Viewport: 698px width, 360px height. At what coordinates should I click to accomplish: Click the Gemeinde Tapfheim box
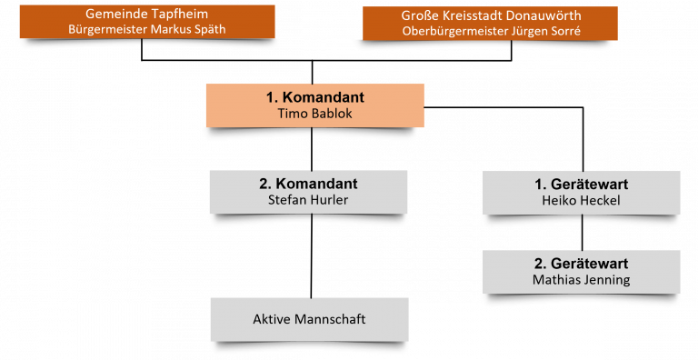click(x=147, y=22)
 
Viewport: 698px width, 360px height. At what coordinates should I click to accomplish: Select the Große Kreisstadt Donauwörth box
click(x=490, y=23)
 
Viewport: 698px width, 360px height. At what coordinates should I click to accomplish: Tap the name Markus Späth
click(x=188, y=29)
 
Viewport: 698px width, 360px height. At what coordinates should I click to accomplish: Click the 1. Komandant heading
click(x=315, y=97)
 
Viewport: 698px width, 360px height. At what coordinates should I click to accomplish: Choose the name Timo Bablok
click(x=315, y=113)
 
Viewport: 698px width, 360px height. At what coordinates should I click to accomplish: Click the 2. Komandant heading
click(x=308, y=184)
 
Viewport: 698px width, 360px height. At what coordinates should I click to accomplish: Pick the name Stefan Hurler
click(x=308, y=200)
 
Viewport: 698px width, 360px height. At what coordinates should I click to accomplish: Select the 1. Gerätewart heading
click(x=582, y=184)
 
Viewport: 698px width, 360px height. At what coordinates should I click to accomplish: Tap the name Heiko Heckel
click(x=581, y=201)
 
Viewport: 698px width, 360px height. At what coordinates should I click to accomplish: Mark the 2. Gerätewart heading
click(x=582, y=264)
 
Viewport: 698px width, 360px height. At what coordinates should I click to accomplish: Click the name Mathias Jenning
click(x=581, y=280)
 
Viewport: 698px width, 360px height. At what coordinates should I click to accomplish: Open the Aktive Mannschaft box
click(x=309, y=319)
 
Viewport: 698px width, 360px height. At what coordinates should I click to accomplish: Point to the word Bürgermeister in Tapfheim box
click(x=108, y=29)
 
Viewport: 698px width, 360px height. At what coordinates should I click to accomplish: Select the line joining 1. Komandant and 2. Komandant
click(x=311, y=149)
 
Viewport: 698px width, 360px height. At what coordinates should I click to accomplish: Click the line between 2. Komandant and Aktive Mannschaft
click(x=311, y=255)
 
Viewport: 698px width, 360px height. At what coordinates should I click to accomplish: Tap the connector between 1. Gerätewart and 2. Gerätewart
click(x=583, y=233)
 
